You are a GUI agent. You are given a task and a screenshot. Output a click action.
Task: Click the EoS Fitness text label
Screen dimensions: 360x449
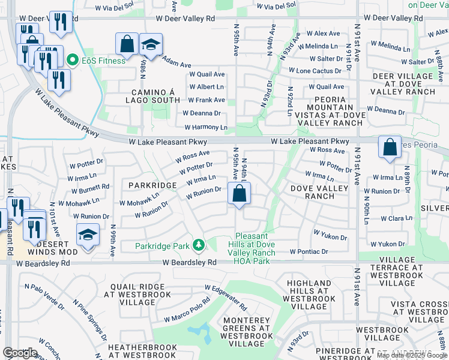pyautogui.click(x=104, y=60)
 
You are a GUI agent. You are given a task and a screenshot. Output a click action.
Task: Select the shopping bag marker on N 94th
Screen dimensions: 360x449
pyautogui.click(x=240, y=194)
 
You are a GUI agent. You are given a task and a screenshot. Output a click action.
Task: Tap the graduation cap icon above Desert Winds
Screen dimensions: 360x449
pyautogui.click(x=88, y=234)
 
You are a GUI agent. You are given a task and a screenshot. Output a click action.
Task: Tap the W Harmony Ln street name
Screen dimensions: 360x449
pyautogui.click(x=206, y=127)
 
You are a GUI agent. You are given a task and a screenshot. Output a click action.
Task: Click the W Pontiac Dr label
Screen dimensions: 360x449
pyautogui.click(x=309, y=251)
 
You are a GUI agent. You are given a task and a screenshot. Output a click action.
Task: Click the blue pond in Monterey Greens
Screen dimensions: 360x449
pyautogui.click(x=199, y=331)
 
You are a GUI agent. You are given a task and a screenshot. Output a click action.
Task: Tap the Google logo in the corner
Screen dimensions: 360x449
pyautogui.click(x=20, y=353)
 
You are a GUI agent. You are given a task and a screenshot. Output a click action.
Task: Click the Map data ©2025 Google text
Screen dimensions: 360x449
pyautogui.click(x=412, y=355)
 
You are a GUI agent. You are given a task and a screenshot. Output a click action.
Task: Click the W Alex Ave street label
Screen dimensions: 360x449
pyautogui.click(x=327, y=34)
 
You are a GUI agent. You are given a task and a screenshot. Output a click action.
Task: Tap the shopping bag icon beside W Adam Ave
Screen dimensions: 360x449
pyautogui.click(x=127, y=44)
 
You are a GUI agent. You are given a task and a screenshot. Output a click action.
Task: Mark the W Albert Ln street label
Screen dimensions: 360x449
pyautogui.click(x=206, y=87)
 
